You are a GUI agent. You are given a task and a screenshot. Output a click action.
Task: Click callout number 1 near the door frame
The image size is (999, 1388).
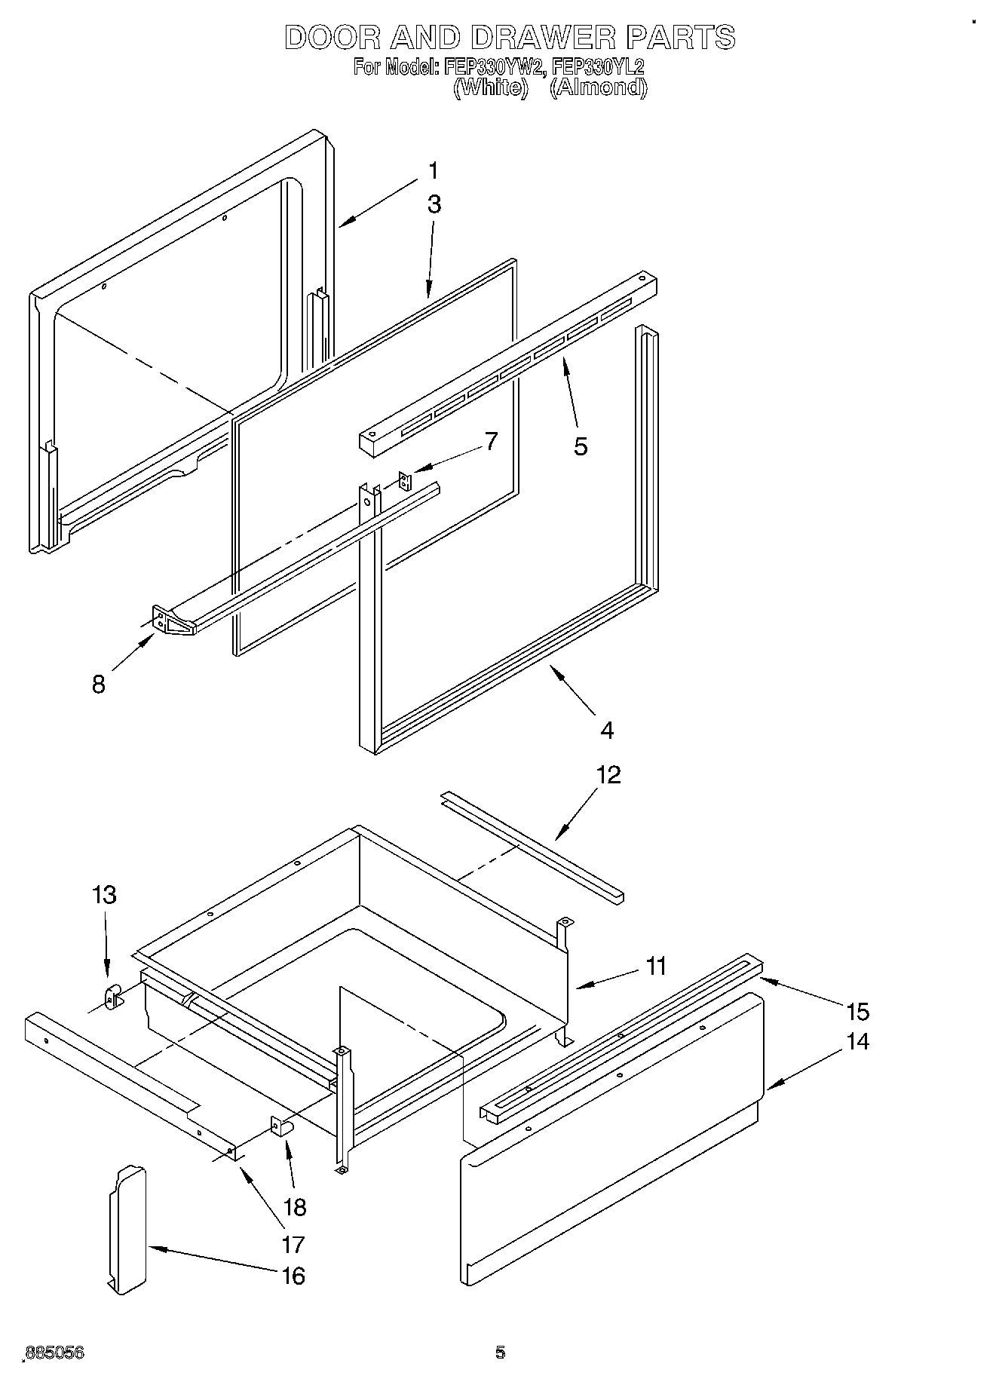tap(433, 172)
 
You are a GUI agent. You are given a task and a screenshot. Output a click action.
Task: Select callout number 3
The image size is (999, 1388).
tap(434, 205)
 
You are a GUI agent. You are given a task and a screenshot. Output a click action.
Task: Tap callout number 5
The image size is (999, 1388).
tap(580, 446)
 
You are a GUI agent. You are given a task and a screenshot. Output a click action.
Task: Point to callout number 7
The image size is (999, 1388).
tap(491, 441)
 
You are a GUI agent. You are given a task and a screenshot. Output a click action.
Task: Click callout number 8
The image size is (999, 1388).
tap(99, 685)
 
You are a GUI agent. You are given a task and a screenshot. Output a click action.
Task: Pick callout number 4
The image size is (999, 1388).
tap(607, 730)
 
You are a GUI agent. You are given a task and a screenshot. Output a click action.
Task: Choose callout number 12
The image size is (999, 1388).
tap(608, 775)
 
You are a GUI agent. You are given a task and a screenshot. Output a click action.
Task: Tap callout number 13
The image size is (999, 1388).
tap(104, 895)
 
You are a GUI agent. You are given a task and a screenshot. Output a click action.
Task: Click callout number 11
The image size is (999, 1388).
tap(656, 966)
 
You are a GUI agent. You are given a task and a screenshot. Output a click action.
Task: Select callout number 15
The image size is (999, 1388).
tap(857, 1011)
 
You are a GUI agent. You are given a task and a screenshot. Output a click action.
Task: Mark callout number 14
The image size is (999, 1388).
tap(857, 1042)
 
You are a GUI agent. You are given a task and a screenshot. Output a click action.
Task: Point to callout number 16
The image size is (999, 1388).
tap(293, 1276)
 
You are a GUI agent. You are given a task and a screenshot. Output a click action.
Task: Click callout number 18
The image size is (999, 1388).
tap(295, 1207)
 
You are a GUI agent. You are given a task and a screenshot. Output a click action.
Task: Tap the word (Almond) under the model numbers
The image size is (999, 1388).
tap(598, 87)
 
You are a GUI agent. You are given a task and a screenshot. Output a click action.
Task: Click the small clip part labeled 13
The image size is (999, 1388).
tap(112, 997)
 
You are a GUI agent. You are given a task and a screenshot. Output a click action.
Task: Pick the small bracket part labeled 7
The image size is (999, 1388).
tap(406, 481)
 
